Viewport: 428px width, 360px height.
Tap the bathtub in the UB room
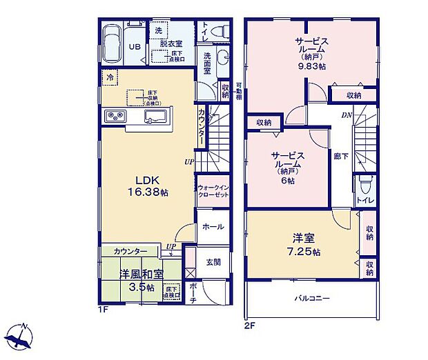coord(111,42)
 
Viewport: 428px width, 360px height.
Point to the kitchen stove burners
coord(115,116)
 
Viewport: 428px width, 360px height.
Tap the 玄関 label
coord(213,263)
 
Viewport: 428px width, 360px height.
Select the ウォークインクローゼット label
coord(212,192)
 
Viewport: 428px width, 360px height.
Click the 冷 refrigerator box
coord(110,78)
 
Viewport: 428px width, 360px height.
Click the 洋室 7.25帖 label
coord(304,246)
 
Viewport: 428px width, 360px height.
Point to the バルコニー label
coord(312,299)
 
